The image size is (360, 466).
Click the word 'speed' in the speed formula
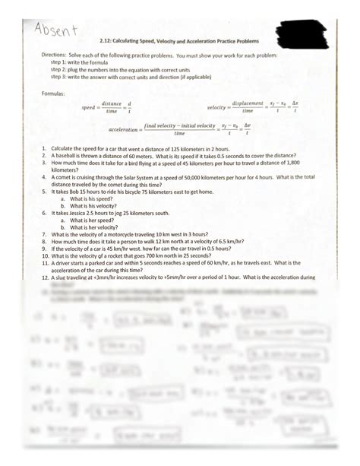pyautogui.click(x=89, y=108)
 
